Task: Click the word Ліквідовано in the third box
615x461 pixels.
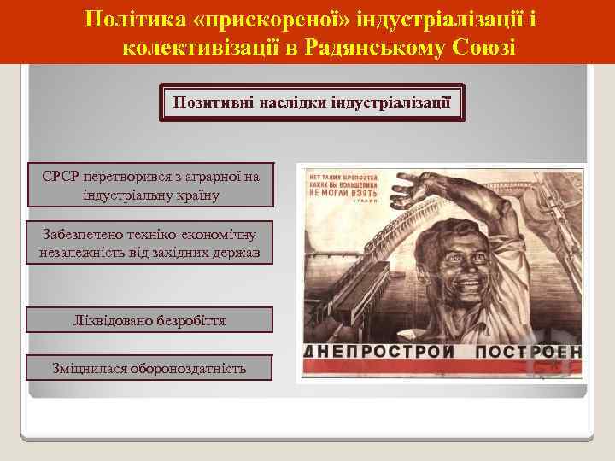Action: point(111,320)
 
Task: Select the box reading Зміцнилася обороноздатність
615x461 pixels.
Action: point(150,368)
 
